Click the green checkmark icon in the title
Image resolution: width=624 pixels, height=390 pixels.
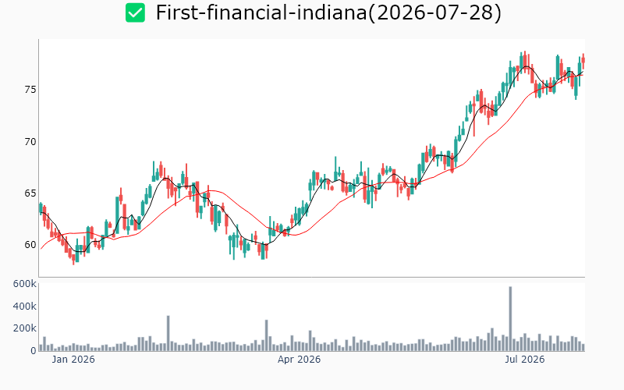tap(135, 12)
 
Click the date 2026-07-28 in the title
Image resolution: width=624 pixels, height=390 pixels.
tap(434, 12)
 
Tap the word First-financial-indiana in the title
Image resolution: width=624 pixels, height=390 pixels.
tap(261, 12)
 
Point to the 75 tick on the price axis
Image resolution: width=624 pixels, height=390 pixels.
tap(30, 90)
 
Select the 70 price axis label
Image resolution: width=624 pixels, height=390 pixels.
tap(30, 142)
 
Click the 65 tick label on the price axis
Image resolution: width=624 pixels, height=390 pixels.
tap(30, 193)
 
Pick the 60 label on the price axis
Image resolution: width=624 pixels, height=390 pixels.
tap(30, 245)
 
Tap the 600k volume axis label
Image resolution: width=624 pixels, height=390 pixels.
tap(25, 284)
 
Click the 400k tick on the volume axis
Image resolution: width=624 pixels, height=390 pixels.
tap(25, 307)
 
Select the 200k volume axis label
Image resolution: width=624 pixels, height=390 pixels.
tap(25, 328)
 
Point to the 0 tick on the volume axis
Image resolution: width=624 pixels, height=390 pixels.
tap(34, 351)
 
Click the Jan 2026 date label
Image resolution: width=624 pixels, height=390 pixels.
tap(73, 360)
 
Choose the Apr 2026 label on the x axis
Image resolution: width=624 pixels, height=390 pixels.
tap(299, 360)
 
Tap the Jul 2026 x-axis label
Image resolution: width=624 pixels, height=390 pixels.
tap(524, 360)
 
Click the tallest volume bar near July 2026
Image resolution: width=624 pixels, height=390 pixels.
tap(511, 319)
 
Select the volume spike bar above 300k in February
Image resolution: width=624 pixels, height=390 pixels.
tap(168, 334)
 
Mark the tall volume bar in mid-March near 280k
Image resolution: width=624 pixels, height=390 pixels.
tap(267, 335)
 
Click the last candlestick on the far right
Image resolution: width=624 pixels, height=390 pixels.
tap(583, 62)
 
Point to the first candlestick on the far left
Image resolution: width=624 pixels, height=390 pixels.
tap(41, 208)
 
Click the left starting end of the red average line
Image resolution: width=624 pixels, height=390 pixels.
tap(41, 249)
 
